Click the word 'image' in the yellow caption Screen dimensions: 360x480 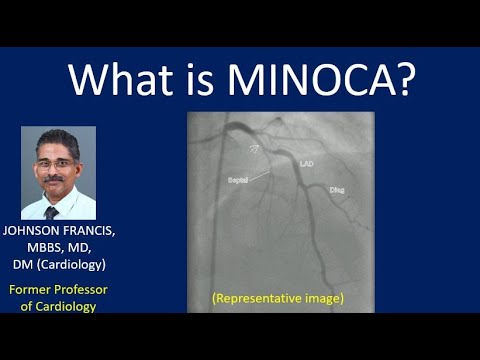click(x=325, y=298)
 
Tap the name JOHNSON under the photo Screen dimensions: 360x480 click(x=41, y=232)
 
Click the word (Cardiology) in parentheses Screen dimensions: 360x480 click(x=76, y=266)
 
